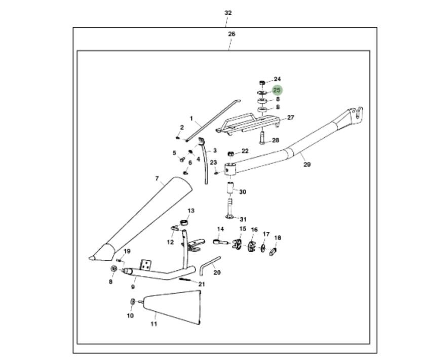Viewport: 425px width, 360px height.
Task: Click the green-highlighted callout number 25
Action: click(277, 90)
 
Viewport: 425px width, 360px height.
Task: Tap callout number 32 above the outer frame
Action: click(228, 13)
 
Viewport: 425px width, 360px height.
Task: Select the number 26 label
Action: click(231, 34)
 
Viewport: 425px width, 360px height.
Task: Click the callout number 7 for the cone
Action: click(157, 179)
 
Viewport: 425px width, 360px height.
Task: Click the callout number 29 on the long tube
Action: click(307, 164)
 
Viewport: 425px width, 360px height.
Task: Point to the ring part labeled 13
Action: click(185, 221)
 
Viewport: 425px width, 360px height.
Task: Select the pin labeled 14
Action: click(220, 242)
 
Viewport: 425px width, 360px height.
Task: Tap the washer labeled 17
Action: click(263, 248)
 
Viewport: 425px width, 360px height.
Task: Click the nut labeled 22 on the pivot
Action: click(231, 153)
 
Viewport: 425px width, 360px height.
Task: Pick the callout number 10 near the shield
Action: click(130, 315)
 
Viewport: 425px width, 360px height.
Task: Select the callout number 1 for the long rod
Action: click(191, 118)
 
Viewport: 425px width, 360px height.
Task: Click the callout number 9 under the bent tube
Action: click(133, 287)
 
